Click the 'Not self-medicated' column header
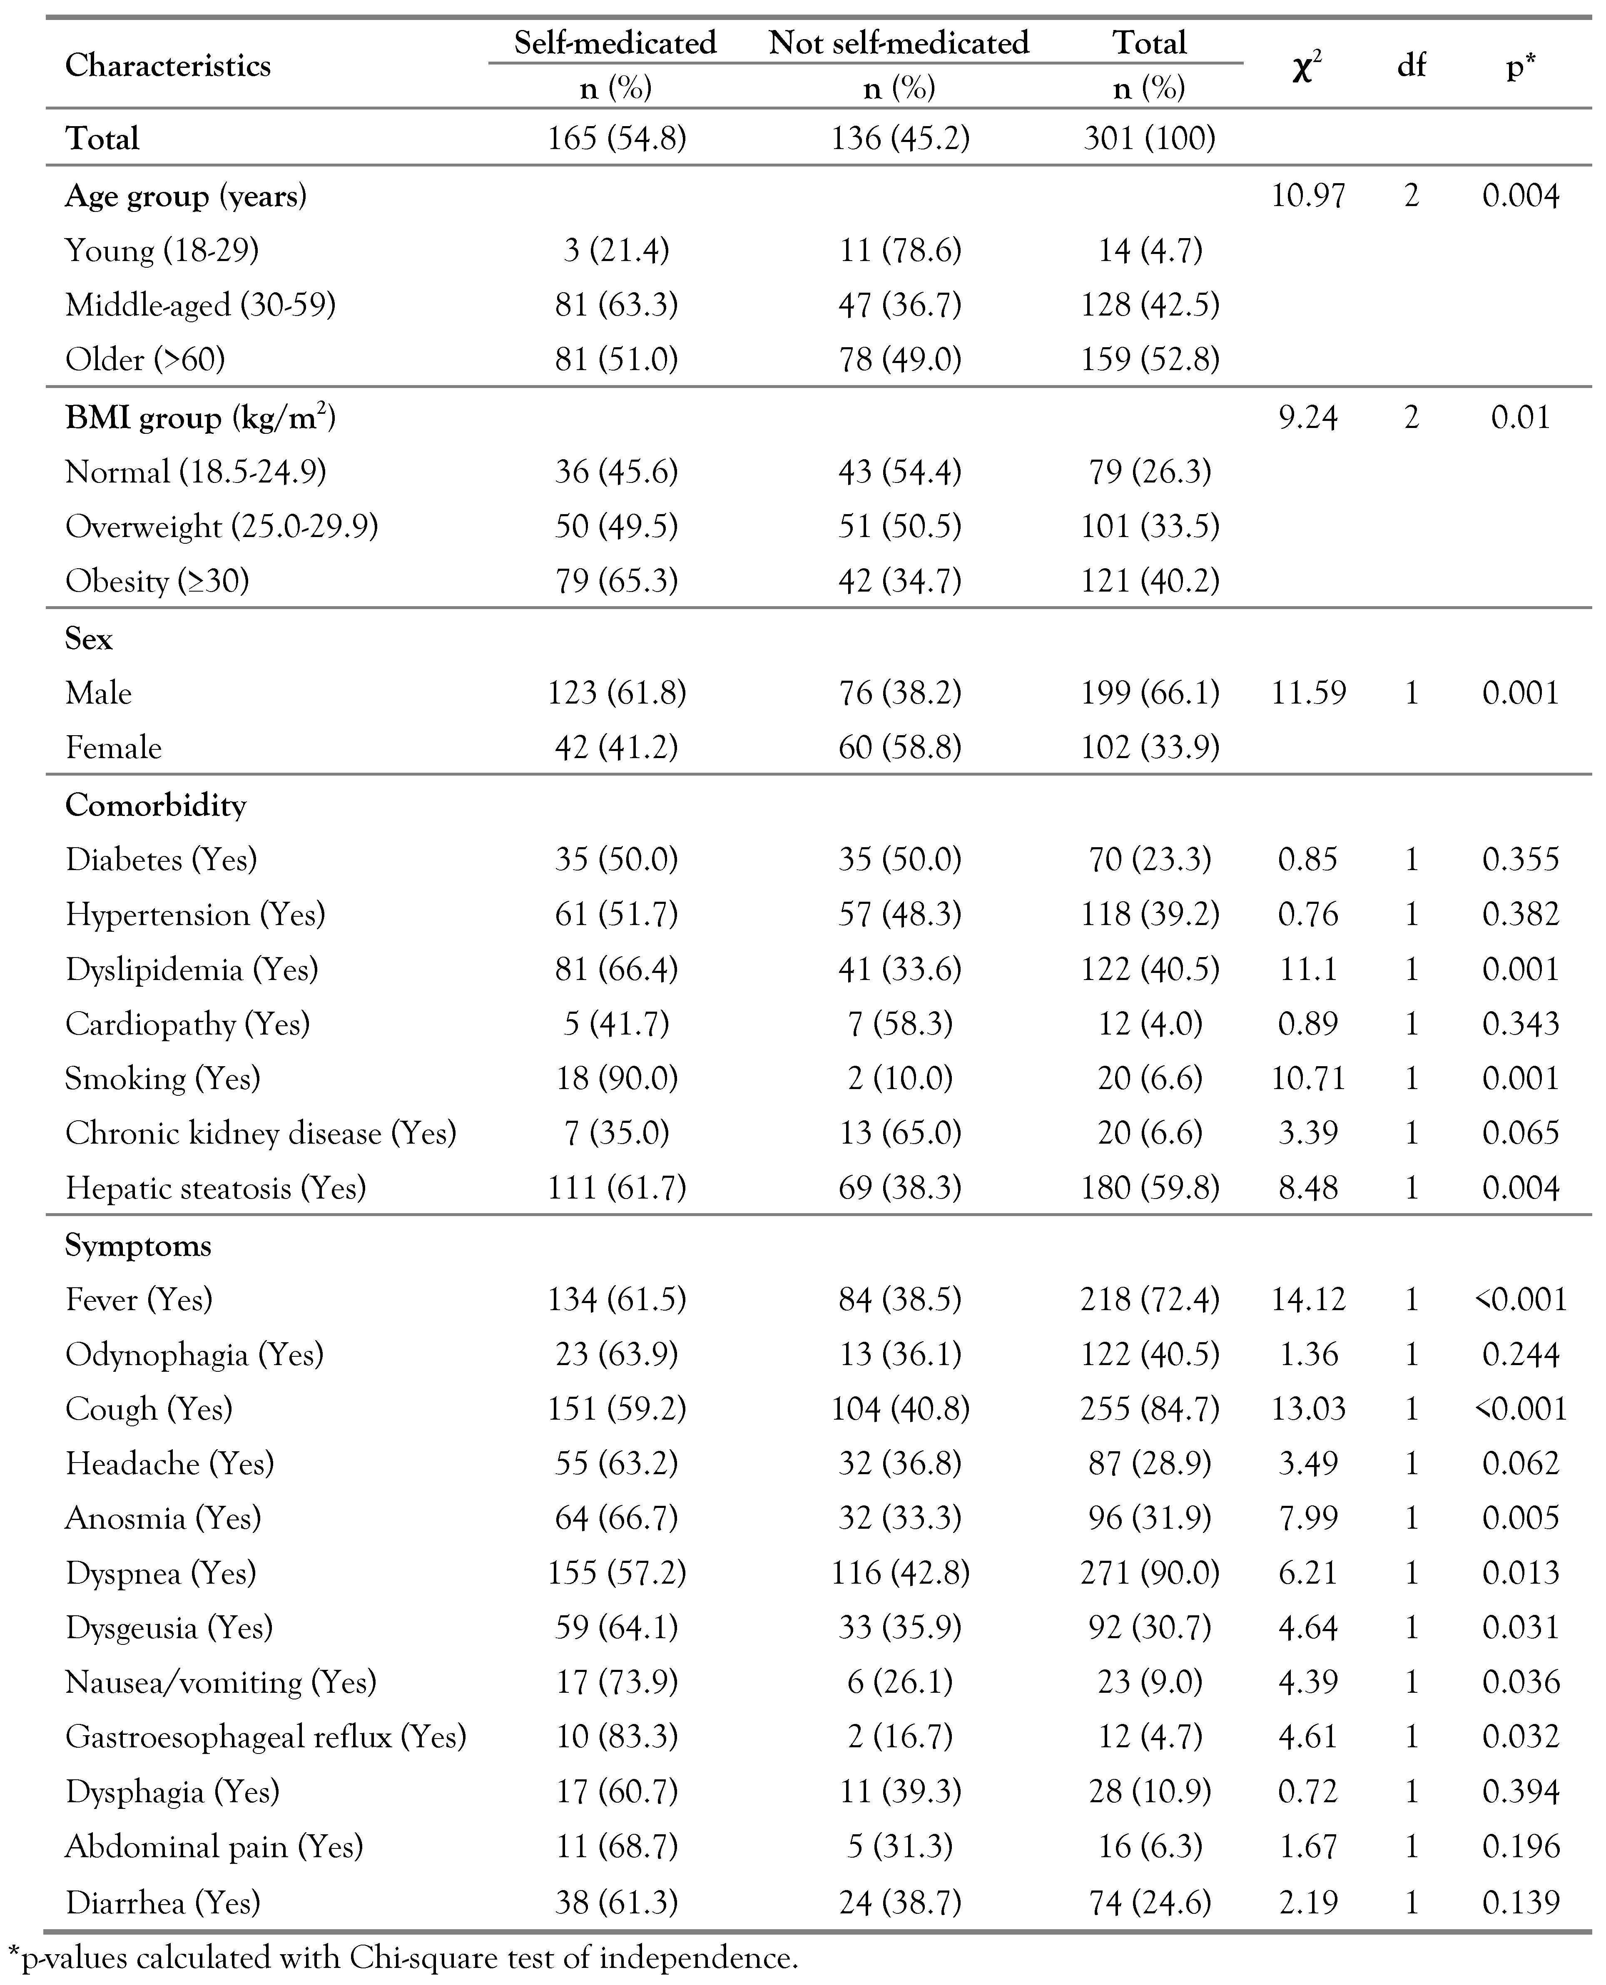(898, 42)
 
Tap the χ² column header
(1306, 67)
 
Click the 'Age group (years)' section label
(185, 196)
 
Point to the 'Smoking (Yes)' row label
(163, 1079)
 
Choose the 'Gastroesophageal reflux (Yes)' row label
(266, 1737)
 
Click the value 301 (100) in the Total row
(1149, 139)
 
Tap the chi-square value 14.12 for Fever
(1307, 1300)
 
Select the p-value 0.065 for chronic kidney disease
(1520, 1133)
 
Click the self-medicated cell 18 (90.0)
(616, 1079)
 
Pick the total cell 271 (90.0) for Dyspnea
(1149, 1572)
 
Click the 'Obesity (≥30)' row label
(157, 581)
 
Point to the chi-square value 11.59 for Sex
(1307, 693)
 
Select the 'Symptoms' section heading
(138, 1246)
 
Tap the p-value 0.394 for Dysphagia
(1520, 1792)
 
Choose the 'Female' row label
(113, 747)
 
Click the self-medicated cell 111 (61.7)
(616, 1188)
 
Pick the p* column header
(1520, 67)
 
